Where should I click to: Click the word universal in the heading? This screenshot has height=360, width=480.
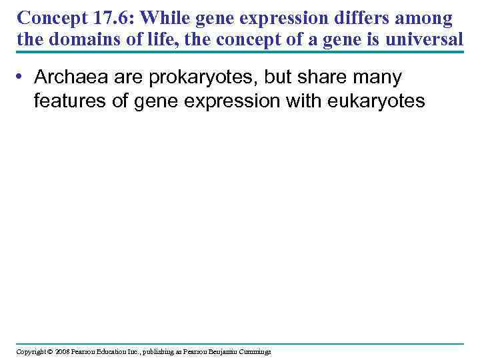(x=422, y=40)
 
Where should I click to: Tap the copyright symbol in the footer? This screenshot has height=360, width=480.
(x=50, y=351)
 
